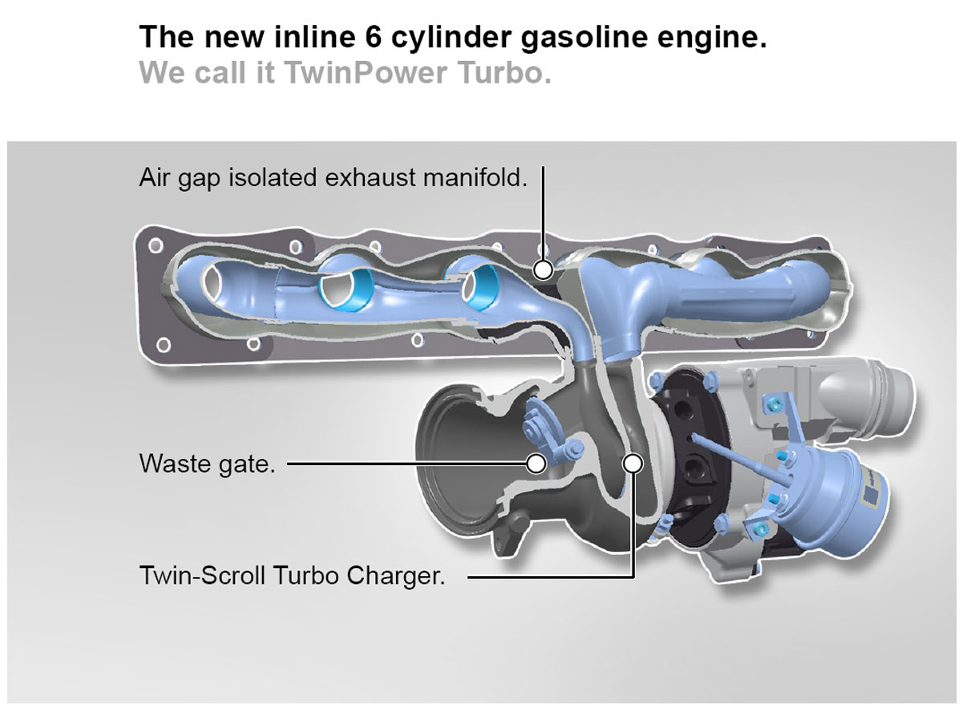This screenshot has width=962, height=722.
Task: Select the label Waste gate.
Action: pos(207,464)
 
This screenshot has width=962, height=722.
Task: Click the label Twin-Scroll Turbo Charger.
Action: pos(292,575)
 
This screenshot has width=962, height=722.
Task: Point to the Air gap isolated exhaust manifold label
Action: pos(333,177)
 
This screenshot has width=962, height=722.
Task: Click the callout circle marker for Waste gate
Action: pos(536,463)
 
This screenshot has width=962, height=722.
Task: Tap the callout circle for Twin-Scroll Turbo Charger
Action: pos(633,463)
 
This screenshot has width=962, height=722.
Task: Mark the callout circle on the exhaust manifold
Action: pos(544,268)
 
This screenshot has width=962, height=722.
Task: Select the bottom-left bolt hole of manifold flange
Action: pos(163,346)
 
